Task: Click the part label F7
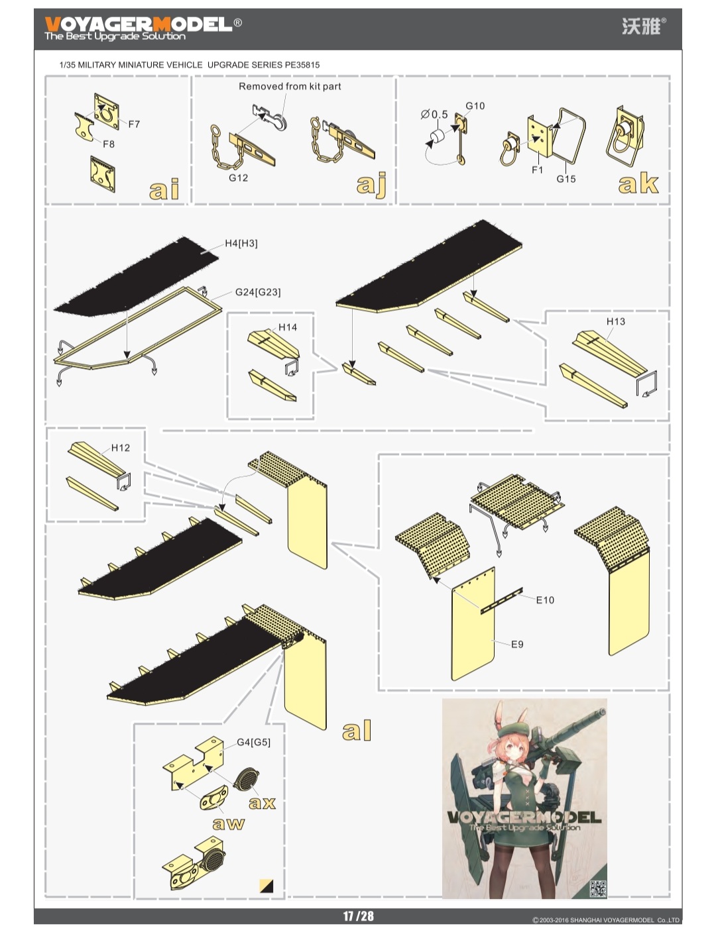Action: (x=134, y=124)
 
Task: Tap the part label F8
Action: (x=109, y=144)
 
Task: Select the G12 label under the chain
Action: (x=238, y=178)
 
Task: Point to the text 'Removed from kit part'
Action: (x=290, y=86)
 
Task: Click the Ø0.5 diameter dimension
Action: (x=434, y=115)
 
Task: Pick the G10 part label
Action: (x=475, y=106)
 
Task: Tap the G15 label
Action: (x=566, y=179)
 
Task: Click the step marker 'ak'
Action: (x=638, y=184)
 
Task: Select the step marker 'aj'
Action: (x=371, y=184)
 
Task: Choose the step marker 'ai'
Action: (x=164, y=190)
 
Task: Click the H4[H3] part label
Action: (x=241, y=243)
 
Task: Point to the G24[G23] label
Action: (x=258, y=292)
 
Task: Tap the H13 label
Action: (x=615, y=321)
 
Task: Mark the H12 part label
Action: (x=121, y=448)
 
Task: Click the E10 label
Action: (x=545, y=600)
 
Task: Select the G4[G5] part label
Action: (x=253, y=742)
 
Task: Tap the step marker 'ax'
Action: (x=262, y=803)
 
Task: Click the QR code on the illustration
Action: (x=597, y=888)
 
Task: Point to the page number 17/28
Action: (x=358, y=916)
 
